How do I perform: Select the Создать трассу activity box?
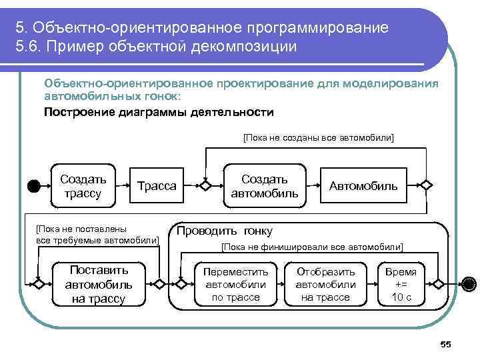[83, 186]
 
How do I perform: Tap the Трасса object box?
[157, 186]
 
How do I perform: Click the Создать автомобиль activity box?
[265, 186]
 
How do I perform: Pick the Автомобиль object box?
[363, 186]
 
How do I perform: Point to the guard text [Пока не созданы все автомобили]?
[318, 137]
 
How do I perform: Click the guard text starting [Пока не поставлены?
[97, 234]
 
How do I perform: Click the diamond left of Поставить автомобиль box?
[39, 284]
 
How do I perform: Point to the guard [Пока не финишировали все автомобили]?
[311, 247]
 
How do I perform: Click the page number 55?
[446, 344]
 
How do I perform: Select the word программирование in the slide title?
[317, 28]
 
